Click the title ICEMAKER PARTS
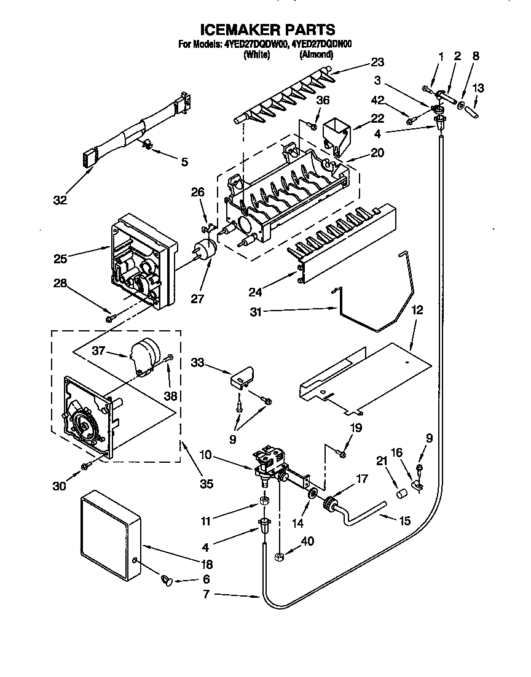click(268, 29)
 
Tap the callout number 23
click(377, 61)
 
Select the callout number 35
click(206, 484)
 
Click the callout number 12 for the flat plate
click(417, 312)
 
